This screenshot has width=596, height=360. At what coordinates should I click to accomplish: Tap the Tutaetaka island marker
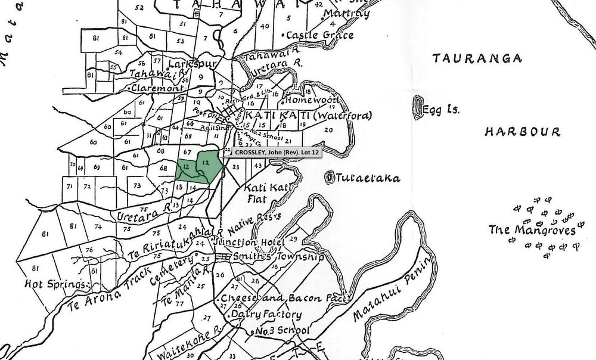coord(331,177)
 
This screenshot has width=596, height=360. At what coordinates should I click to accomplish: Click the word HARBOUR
coord(522,131)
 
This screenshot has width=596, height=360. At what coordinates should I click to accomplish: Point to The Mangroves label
coord(532,230)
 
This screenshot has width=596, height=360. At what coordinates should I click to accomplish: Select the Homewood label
coord(312,100)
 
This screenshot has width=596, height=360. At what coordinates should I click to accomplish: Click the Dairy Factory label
coord(266,314)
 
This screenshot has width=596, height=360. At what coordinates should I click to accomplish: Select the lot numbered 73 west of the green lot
coord(138,185)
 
